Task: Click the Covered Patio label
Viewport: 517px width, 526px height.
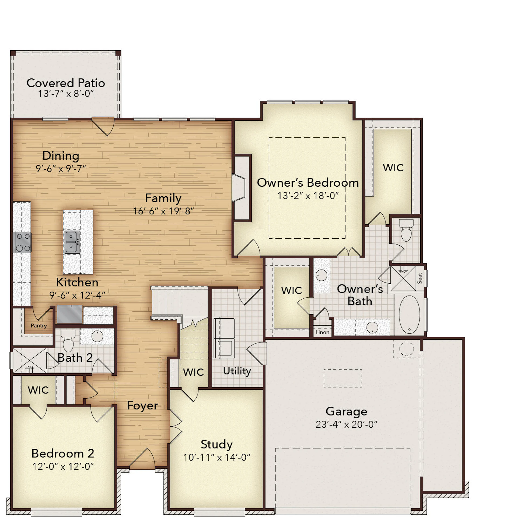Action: (x=66, y=83)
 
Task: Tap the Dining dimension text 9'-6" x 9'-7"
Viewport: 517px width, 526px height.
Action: (x=61, y=169)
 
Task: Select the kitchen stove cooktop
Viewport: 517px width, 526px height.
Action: (x=22, y=242)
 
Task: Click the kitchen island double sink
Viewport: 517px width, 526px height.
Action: (x=72, y=242)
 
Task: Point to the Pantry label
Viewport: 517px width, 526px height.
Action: (x=39, y=326)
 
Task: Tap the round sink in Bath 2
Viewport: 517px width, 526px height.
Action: (x=97, y=337)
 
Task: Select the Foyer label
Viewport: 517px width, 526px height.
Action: (x=142, y=405)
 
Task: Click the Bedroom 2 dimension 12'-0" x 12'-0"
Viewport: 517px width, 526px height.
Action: (x=63, y=466)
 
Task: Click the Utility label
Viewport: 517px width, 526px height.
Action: (x=237, y=371)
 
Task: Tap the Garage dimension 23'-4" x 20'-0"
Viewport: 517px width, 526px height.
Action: (x=347, y=424)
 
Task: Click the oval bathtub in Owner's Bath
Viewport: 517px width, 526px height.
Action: (x=409, y=315)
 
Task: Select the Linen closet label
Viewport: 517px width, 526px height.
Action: (x=322, y=332)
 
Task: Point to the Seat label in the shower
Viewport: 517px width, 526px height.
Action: (x=420, y=278)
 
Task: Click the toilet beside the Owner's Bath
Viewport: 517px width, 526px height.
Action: (x=406, y=231)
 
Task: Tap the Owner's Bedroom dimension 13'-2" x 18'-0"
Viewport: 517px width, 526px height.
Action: (x=308, y=196)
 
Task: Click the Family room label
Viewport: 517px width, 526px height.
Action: (x=163, y=198)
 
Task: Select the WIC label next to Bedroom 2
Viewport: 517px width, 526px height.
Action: (x=38, y=390)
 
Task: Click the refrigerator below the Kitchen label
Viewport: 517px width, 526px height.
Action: (x=69, y=314)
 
